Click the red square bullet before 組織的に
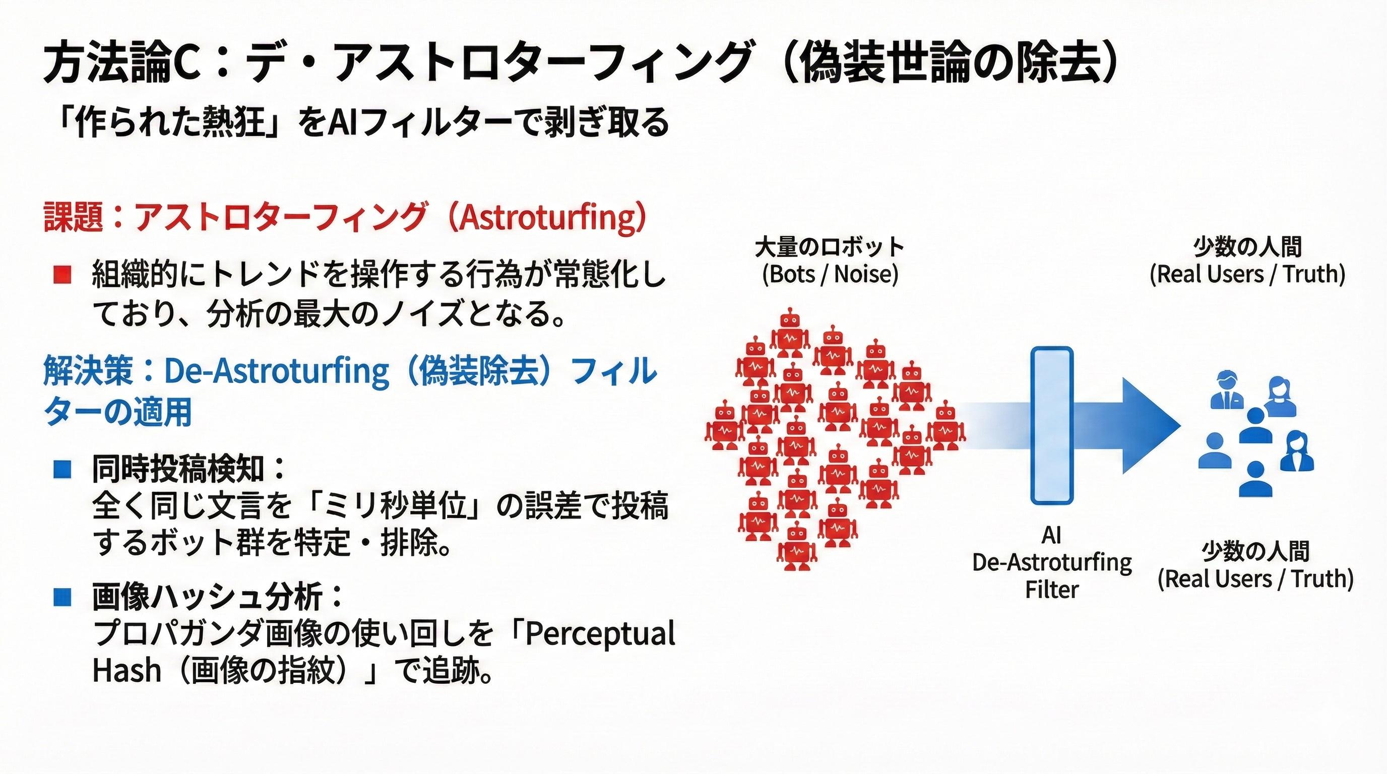(62, 275)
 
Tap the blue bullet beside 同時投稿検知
(62, 469)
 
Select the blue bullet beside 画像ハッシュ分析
(62, 597)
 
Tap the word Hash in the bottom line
(127, 671)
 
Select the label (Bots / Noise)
(830, 274)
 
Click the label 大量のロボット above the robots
(830, 247)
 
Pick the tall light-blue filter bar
(1051, 425)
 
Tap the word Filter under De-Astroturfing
(1051, 590)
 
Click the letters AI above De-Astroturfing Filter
(1051, 535)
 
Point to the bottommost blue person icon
(1255, 479)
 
